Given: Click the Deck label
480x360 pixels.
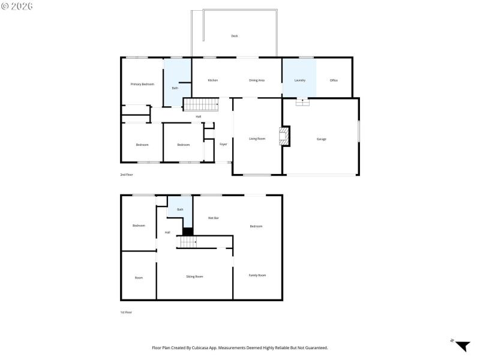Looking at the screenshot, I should pos(235,36).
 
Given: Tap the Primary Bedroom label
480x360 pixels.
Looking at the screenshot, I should pos(142,84).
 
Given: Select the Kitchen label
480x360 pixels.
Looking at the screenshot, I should pos(212,80).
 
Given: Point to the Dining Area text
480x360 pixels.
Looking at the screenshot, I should pos(257,80).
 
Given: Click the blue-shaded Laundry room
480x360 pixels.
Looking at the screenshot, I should pos(299,77).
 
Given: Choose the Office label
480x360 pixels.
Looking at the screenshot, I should pos(334,80).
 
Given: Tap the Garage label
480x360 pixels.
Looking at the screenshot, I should pos(322,139).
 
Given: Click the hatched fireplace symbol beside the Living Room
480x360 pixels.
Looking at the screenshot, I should pos(286,136).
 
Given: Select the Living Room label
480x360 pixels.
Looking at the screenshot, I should pos(257,139).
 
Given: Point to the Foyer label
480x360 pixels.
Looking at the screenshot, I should pos(223,144).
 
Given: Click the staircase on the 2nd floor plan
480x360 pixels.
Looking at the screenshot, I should pos(200,104).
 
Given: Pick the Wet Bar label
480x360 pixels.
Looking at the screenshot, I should pos(213,218).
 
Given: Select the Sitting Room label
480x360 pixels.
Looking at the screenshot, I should pos(194,277).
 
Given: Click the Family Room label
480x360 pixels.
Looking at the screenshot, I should pos(257,275).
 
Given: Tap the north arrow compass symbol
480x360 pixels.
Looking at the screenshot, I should pos(461,346).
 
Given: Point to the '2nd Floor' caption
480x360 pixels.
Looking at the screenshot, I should pos(126,175).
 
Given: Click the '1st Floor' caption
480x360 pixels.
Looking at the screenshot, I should pos(126,312).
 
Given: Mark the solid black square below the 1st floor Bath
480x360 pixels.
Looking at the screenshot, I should pos(188,231).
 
